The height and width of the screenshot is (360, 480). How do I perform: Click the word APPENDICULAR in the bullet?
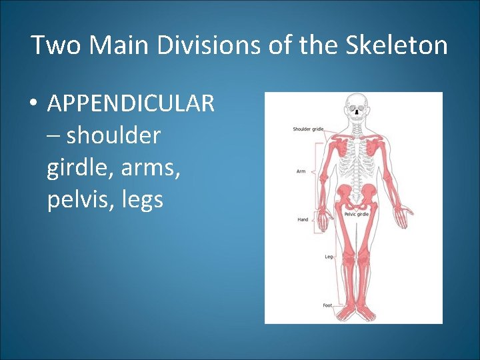point(131,104)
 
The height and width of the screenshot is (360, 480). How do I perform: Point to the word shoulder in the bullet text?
point(113,135)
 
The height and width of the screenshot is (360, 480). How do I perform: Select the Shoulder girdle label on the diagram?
point(308,129)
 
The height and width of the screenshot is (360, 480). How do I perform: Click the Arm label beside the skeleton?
point(301,172)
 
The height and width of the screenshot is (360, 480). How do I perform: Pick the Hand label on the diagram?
point(303,219)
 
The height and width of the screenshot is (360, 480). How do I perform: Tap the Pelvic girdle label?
point(357,214)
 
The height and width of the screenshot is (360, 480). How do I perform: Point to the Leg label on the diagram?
point(328,257)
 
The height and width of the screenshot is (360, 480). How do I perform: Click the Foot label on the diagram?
point(327,305)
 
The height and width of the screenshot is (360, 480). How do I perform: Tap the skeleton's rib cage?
point(358,157)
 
